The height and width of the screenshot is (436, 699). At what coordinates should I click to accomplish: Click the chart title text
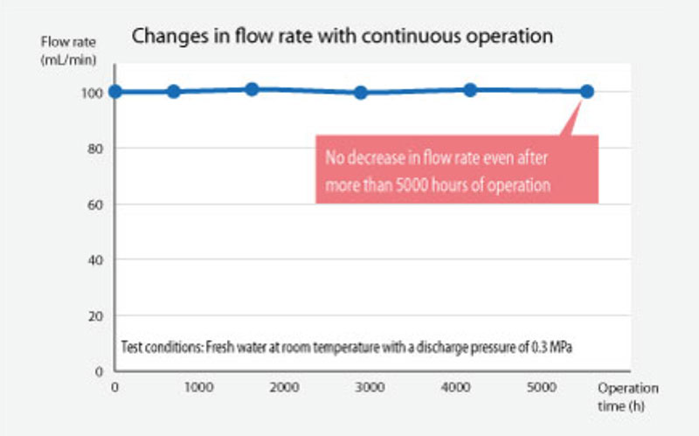(x=342, y=37)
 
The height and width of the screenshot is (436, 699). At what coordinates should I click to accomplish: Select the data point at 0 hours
(x=115, y=92)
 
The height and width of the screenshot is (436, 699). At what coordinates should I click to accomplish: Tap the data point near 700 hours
(x=173, y=92)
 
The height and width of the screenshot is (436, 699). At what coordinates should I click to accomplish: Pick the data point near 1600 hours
(x=252, y=89)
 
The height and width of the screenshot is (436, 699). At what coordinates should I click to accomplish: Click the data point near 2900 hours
(x=361, y=92)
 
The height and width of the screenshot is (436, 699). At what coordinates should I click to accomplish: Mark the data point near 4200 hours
(x=470, y=90)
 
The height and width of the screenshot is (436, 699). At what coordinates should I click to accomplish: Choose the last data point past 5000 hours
(x=587, y=92)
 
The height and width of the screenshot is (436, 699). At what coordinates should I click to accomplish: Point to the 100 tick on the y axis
(x=94, y=93)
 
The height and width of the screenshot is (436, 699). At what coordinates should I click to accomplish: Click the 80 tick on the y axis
(x=98, y=149)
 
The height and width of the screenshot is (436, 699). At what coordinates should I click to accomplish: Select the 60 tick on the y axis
(x=98, y=204)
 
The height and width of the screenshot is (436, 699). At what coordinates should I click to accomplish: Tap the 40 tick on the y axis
(x=98, y=260)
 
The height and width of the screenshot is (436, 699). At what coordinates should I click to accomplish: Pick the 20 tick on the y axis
(x=98, y=316)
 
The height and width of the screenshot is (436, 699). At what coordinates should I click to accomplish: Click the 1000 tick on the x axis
(x=199, y=386)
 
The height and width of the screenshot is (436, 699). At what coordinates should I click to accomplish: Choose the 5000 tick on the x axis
(x=542, y=386)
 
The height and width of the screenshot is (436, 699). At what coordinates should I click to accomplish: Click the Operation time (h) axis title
(x=627, y=396)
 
